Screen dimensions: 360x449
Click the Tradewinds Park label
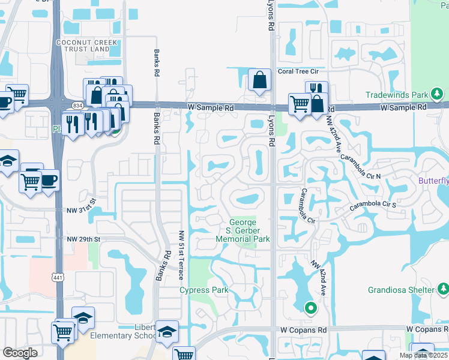pos(396,95)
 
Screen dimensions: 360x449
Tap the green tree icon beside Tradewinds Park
pos(438,94)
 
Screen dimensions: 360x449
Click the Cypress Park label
pos(204,290)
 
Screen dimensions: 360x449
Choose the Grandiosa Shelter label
pos(400,290)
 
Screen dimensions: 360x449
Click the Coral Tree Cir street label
pos(301,72)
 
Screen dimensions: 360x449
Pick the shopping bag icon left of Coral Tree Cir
pos(259,80)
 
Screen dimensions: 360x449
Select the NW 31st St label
pos(82,210)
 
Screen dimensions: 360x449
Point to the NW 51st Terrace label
pos(181,256)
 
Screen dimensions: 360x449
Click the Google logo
pos(20,353)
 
